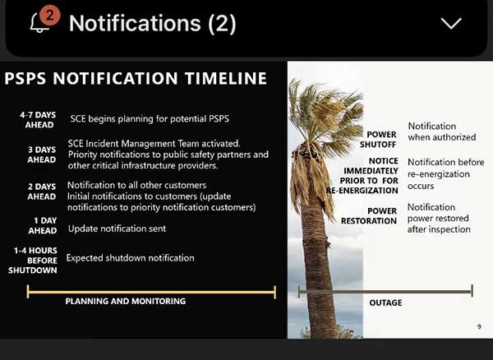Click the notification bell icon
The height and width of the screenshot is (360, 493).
tap(39, 24)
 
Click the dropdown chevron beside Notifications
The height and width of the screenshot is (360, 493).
tap(451, 23)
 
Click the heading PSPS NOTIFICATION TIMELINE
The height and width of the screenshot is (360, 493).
tap(136, 79)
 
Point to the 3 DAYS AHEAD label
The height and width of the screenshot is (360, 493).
tap(40, 155)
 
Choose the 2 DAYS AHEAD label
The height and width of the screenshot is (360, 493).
tap(40, 191)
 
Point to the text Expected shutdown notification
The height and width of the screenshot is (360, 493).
tap(131, 258)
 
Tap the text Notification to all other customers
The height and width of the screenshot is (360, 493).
tap(136, 185)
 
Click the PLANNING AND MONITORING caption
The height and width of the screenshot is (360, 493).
tap(125, 302)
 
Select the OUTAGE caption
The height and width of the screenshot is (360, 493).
tap(385, 302)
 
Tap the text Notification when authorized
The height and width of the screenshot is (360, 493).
tap(441, 132)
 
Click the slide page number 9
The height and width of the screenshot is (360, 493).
tap(479, 327)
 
